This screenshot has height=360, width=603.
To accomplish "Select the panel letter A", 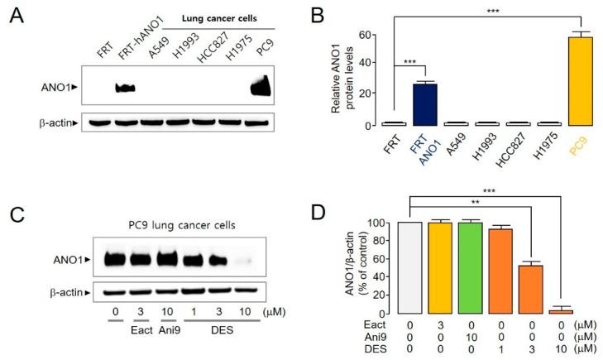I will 16,19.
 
